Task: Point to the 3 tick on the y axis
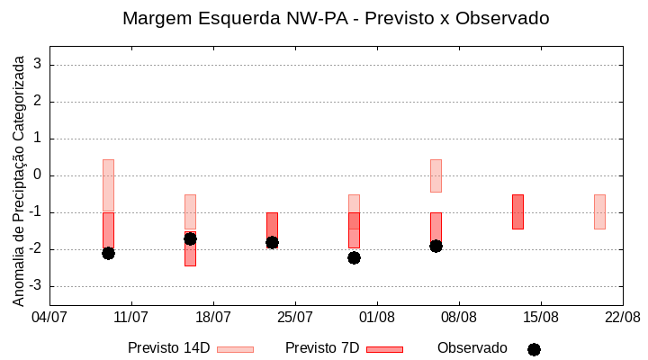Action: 39,65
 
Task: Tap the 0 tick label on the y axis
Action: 39,175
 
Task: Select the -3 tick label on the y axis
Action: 35,286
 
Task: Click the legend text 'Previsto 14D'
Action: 168,348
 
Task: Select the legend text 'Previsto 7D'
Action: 322,348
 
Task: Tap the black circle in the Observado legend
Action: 534,349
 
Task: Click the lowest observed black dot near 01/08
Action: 354,257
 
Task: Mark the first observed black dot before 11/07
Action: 108,253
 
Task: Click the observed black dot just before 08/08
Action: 436,246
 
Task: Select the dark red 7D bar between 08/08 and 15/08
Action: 517,211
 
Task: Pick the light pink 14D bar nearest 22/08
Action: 599,211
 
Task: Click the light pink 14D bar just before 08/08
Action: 436,175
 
